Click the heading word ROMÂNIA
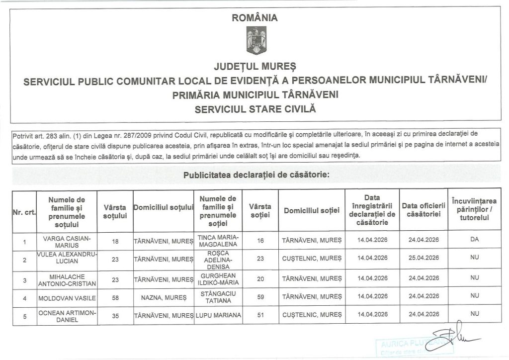(254, 18)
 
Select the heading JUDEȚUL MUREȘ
(254, 66)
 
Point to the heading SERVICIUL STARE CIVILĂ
(254, 107)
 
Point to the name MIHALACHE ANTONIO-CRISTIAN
(67, 277)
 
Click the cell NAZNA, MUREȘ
(164, 296)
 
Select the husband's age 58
(116, 296)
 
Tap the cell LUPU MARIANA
(219, 315)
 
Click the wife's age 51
(260, 314)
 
